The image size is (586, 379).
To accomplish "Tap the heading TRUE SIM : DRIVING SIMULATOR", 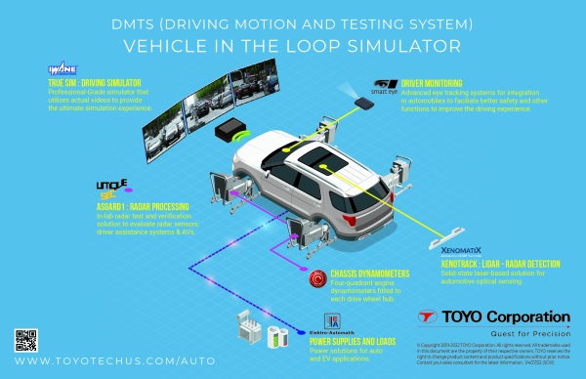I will [x=104, y=83].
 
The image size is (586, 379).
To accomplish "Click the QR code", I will [x=26, y=341].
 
